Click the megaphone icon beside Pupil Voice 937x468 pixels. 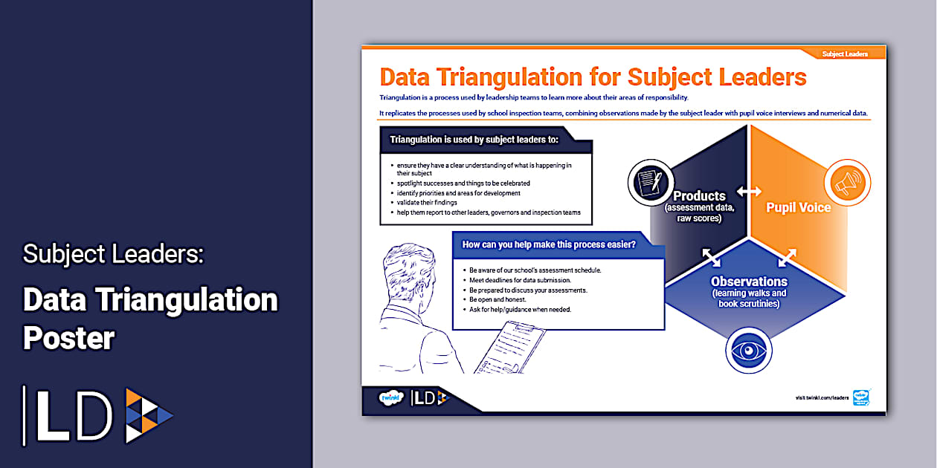click(847, 183)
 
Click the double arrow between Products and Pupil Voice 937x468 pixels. click(749, 192)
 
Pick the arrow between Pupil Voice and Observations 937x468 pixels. click(787, 257)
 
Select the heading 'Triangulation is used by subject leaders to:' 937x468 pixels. click(474, 139)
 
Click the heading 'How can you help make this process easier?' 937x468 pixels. click(549, 244)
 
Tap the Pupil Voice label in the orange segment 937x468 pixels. click(799, 208)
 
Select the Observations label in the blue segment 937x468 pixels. click(749, 282)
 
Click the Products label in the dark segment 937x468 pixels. click(699, 196)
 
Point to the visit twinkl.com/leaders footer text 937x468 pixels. click(822, 398)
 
